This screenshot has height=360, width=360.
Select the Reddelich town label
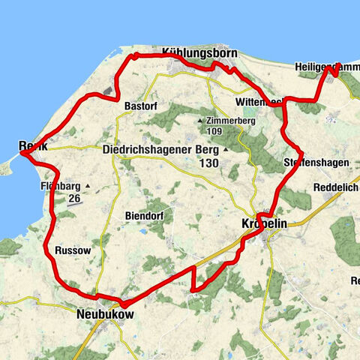(x=335, y=187)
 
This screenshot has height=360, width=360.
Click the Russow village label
(x=72, y=249)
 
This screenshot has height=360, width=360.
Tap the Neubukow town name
(x=104, y=316)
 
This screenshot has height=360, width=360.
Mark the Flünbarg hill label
(x=61, y=185)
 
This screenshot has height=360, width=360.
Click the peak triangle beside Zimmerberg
(x=200, y=120)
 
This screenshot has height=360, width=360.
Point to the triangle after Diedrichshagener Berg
(x=223, y=148)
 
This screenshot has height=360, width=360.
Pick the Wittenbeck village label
(x=259, y=100)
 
